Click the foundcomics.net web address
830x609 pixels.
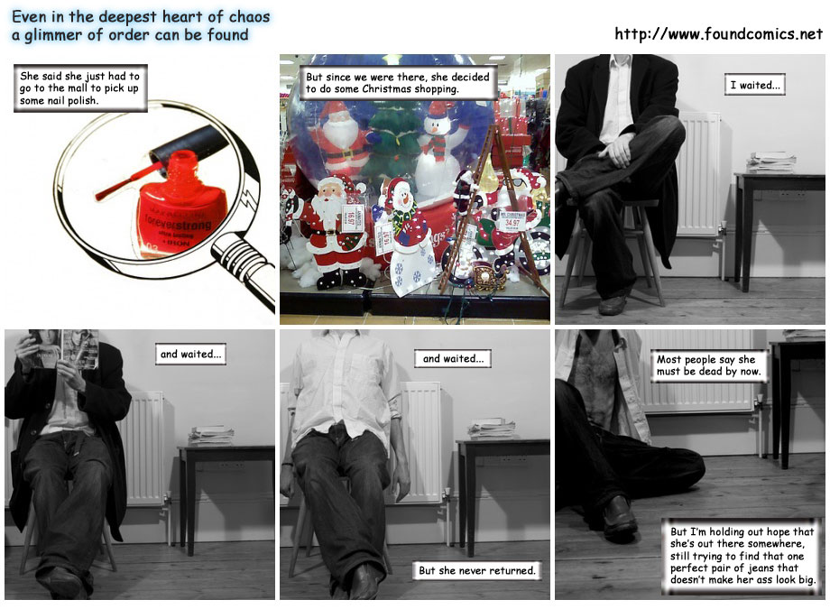point(718,34)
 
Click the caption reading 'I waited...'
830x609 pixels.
point(755,85)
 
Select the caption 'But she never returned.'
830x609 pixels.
point(477,570)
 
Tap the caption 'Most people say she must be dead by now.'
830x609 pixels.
point(709,365)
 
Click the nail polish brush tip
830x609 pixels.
point(98,197)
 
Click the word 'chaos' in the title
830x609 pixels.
point(249,16)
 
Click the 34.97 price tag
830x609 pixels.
point(512,220)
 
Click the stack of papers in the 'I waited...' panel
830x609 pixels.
point(771,162)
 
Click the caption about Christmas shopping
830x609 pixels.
point(398,83)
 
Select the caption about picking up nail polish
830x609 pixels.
point(80,88)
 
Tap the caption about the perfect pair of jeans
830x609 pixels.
point(742,556)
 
